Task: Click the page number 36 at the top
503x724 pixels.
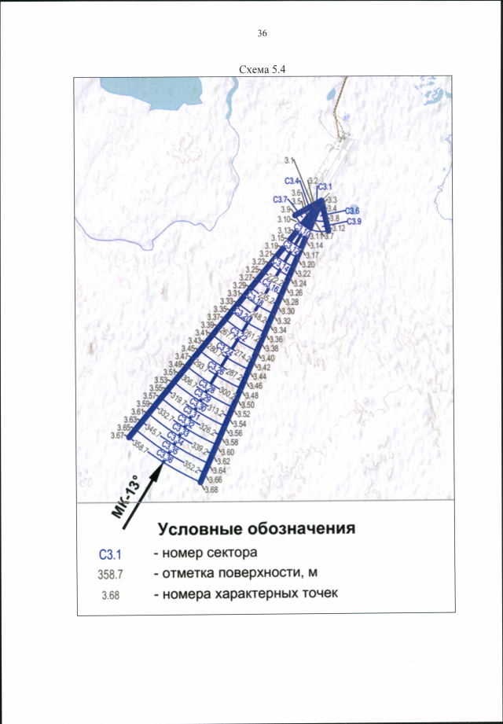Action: (262, 34)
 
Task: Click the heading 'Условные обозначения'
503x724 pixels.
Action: (257, 527)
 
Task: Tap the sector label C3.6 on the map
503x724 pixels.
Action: (352, 211)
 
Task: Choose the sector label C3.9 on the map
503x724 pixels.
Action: (354, 222)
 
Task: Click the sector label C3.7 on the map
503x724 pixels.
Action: (281, 200)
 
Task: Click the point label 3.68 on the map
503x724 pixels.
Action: (211, 490)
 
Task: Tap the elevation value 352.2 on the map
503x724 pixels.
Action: (192, 465)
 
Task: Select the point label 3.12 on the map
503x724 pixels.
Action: (338, 228)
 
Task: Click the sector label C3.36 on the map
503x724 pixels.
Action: (165, 454)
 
